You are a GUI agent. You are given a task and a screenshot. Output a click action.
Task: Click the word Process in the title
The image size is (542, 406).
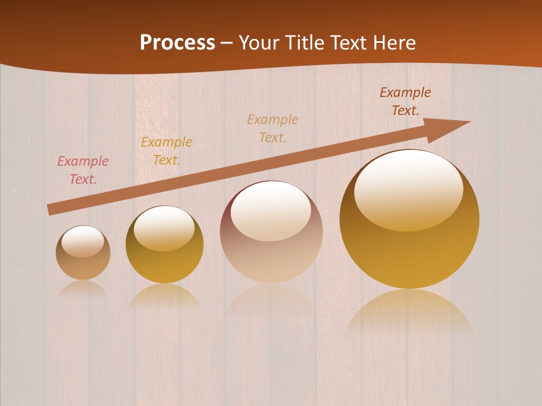coord(177,43)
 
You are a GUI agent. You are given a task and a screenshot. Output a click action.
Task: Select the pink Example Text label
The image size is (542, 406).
coord(83,170)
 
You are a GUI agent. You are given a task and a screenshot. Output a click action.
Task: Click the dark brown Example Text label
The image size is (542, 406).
coord(405,101)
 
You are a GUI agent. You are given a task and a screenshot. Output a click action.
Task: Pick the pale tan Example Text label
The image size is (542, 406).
coord(273,129)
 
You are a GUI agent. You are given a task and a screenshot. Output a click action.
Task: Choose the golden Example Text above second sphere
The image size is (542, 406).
coord(167,151)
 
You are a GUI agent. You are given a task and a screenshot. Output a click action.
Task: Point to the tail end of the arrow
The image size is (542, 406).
coord(51,210)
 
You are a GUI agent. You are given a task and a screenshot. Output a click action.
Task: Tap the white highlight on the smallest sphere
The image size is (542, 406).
coord(83,241)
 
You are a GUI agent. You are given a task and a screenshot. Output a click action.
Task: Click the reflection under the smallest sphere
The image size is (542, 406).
coord(83,289)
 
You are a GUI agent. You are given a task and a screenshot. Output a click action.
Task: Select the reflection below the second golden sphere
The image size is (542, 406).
coord(164,295)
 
